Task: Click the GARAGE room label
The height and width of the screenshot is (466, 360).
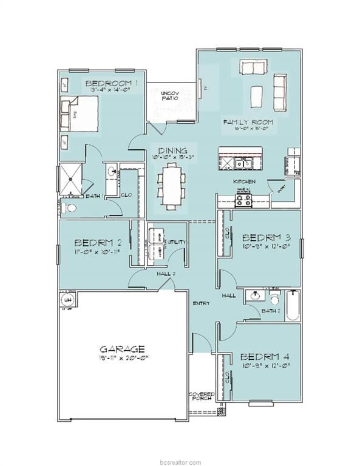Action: point(123,349)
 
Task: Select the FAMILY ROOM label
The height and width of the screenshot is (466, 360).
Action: point(247,122)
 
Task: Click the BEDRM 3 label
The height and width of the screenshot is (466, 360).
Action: point(265,237)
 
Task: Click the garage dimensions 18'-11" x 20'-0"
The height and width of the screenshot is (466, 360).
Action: point(123,359)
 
